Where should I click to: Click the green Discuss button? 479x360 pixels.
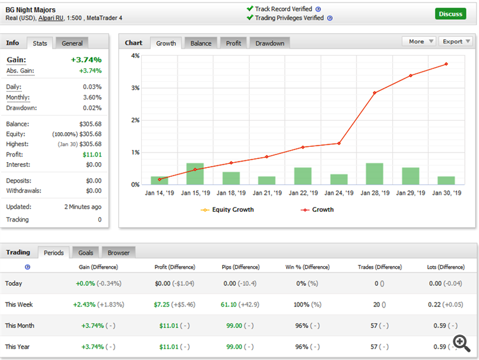click(451, 13)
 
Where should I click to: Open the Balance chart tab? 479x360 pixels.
click(201, 43)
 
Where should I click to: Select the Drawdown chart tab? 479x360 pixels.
click(270, 43)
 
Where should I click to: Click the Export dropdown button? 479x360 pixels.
click(456, 41)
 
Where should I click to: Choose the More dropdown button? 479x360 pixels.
click(419, 41)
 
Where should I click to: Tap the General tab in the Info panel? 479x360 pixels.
click(72, 43)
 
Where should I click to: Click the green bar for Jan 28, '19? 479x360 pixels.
click(374, 174)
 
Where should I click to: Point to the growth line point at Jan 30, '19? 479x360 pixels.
click(446, 64)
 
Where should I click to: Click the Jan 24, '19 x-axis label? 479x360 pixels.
click(338, 193)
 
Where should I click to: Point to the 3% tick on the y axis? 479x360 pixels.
click(135, 88)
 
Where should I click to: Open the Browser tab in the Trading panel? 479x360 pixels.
click(118, 253)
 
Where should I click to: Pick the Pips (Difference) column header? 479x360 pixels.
click(240, 267)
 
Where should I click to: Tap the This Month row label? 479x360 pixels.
click(20, 326)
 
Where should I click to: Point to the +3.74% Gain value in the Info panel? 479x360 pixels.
click(86, 59)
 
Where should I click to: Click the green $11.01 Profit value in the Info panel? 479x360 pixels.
click(92, 154)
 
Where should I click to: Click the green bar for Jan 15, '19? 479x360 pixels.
click(195, 174)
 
